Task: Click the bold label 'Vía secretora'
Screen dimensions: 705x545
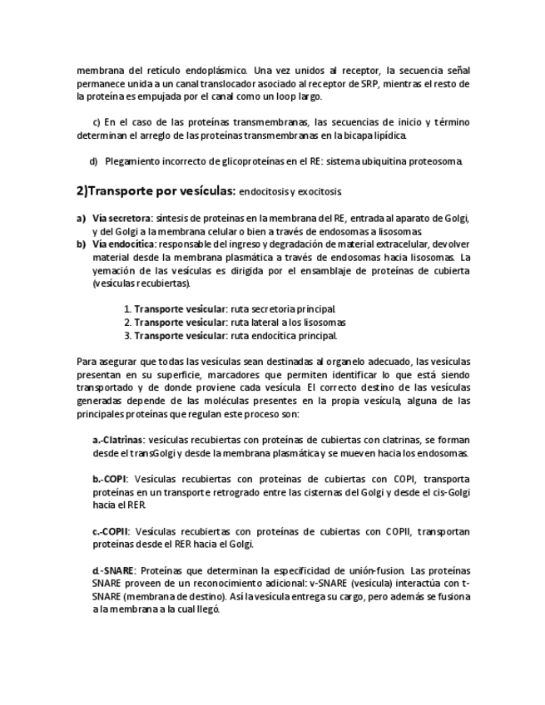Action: [116, 219]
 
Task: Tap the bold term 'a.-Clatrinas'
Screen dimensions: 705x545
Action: [118, 440]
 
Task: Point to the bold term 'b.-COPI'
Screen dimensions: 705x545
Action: [110, 479]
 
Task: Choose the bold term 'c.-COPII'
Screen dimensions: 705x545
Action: [111, 531]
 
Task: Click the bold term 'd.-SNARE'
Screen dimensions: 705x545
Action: [114, 570]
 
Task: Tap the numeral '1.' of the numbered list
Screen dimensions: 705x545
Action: [126, 309]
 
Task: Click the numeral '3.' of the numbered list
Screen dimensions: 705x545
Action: [126, 336]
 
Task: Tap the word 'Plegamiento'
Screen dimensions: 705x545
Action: [132, 161]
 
